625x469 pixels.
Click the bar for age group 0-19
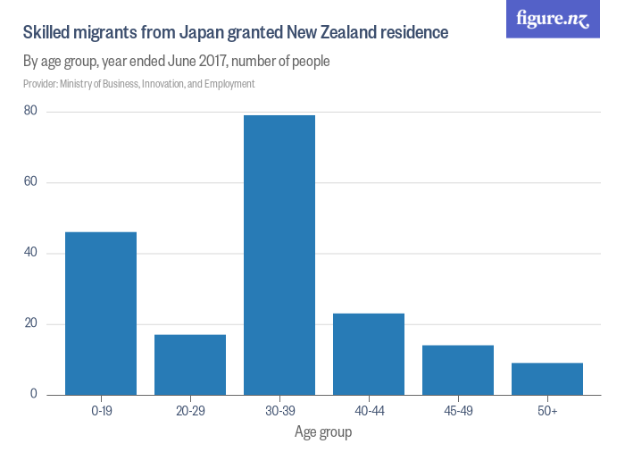point(101,314)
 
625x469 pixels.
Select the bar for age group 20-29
point(190,364)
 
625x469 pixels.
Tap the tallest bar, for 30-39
point(279,255)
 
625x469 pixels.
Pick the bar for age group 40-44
point(369,354)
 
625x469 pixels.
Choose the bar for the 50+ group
point(547,379)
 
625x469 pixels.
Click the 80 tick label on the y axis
point(30,112)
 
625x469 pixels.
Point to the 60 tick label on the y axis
point(30,182)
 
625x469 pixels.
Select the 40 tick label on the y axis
point(30,253)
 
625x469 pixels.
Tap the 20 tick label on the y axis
point(30,323)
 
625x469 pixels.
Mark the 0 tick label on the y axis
point(34,394)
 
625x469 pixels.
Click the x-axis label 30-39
point(279,410)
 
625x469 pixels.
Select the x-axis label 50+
point(547,410)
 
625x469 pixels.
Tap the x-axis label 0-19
point(101,410)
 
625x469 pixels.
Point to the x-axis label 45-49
point(458,410)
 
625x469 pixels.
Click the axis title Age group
point(323,433)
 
